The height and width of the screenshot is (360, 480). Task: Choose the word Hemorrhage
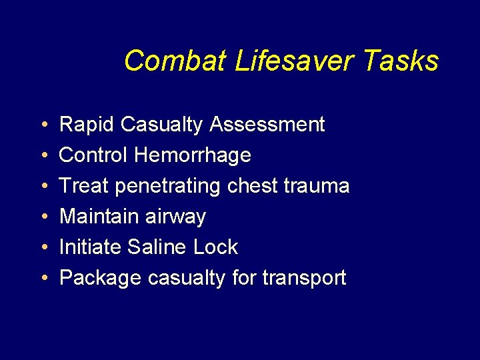[192, 155]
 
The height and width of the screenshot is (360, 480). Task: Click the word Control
[93, 155]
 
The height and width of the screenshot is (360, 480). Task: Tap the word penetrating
[167, 186]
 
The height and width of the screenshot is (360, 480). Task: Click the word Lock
[215, 247]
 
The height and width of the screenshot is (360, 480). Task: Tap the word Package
[100, 278]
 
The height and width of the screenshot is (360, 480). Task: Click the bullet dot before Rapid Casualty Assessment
[42, 125]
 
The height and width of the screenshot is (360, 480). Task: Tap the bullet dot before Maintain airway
[42, 217]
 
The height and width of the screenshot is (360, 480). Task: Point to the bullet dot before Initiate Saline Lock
[42, 248]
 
